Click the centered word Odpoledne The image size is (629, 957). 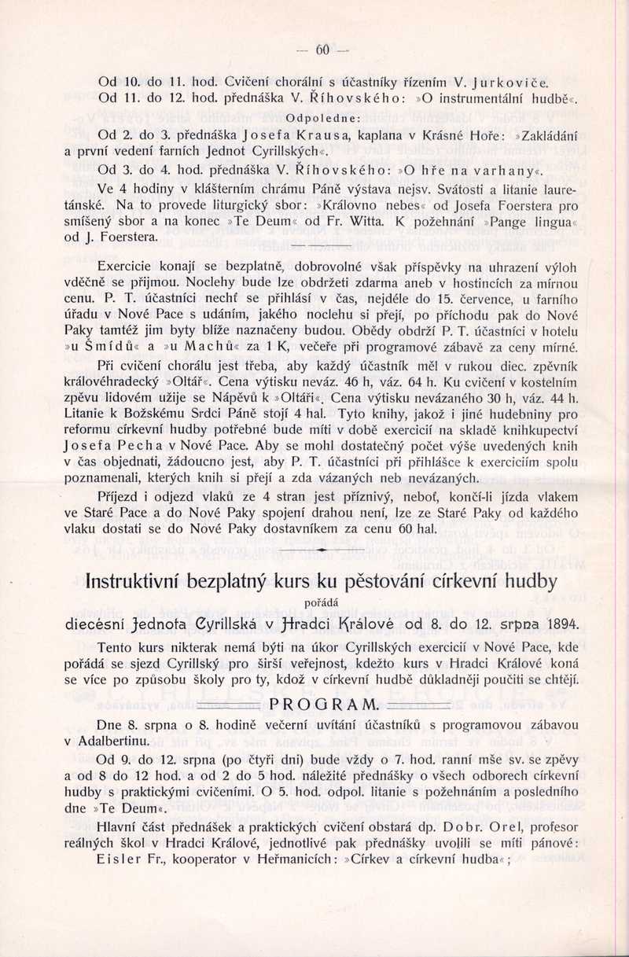tap(323, 119)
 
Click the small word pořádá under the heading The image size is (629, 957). tap(323, 604)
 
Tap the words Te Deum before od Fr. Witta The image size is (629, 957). tap(252, 222)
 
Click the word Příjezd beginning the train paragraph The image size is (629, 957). tap(123, 496)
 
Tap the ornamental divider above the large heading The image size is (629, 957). tap(323, 552)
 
